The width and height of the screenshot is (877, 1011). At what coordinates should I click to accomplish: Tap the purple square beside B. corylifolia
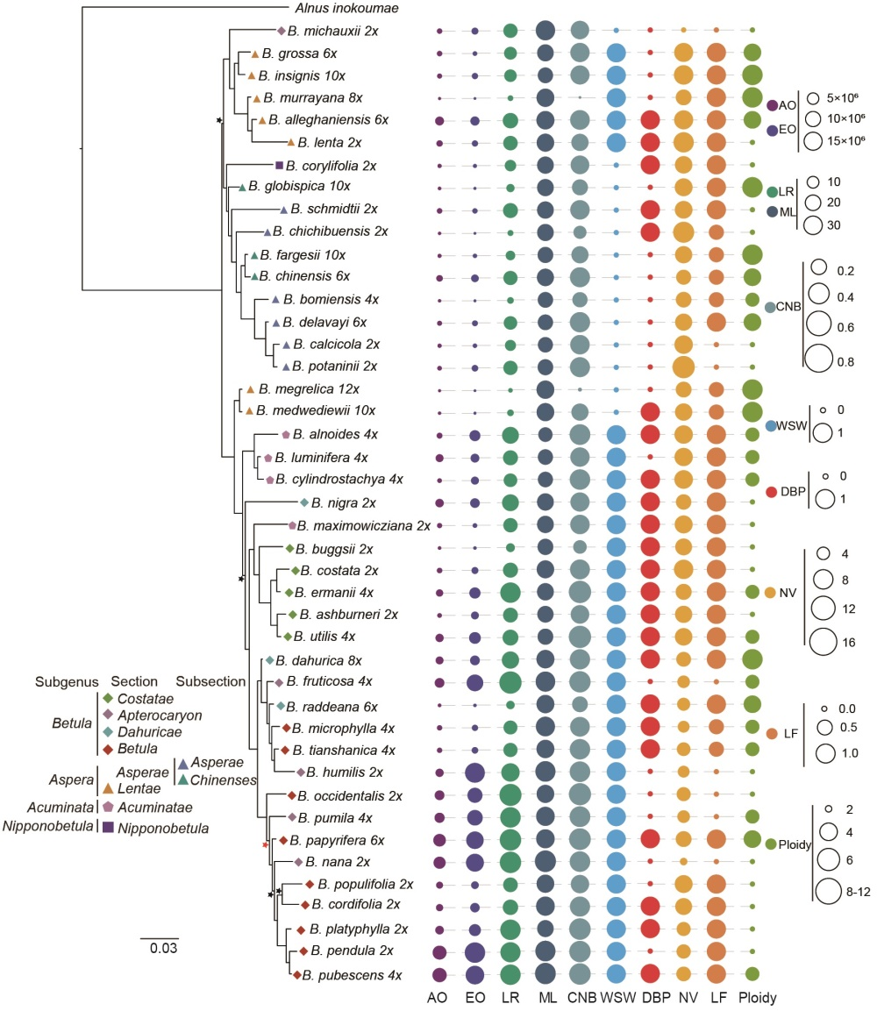(279, 165)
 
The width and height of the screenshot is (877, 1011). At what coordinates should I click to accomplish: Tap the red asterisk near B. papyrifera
(264, 844)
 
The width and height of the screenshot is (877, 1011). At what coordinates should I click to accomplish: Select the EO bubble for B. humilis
(474, 772)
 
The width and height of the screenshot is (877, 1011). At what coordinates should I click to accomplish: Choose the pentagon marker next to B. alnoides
(286, 434)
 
